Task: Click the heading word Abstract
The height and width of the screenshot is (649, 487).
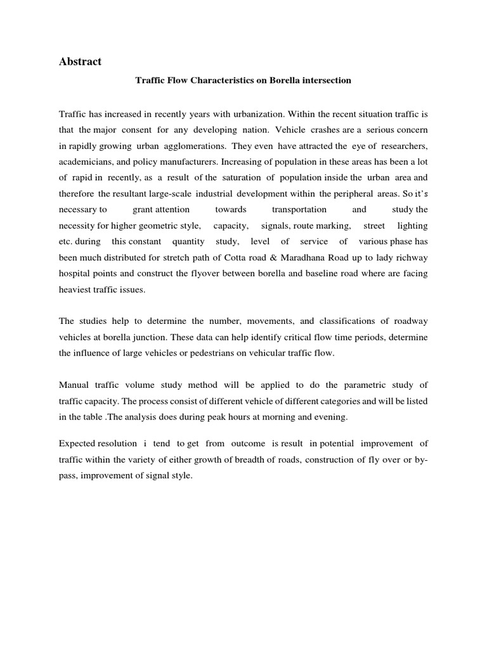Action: (x=80, y=61)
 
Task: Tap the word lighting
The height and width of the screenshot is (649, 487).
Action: (x=412, y=226)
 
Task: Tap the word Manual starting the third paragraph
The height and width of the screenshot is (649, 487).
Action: (x=76, y=385)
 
